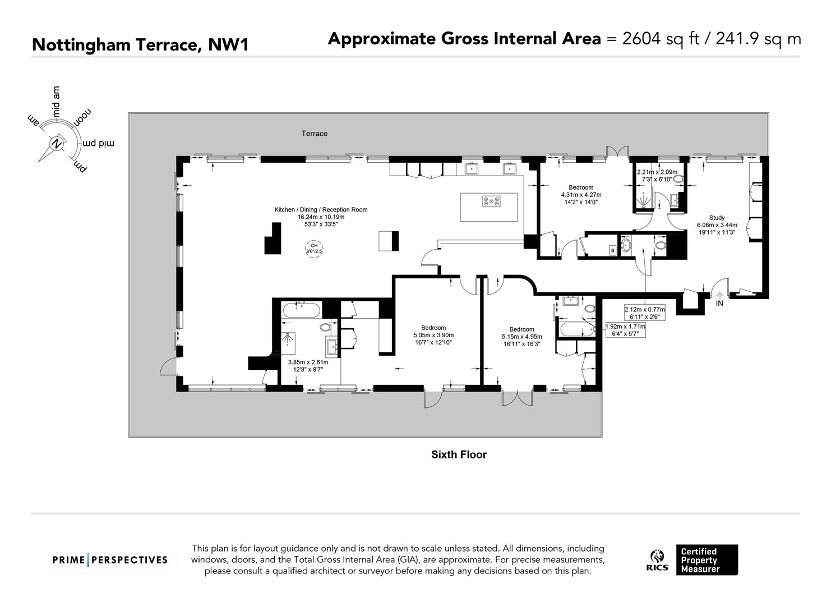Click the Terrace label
click(314, 134)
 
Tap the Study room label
click(717, 218)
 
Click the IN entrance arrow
click(720, 296)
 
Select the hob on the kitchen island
click(491, 201)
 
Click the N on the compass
click(57, 144)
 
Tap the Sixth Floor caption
click(459, 455)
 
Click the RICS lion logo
click(658, 557)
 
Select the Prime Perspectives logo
click(110, 560)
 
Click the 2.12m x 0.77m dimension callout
click(645, 313)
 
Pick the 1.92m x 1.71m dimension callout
click(625, 330)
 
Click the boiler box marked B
click(612, 251)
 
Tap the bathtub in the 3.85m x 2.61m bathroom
click(301, 310)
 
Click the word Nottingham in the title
click(81, 45)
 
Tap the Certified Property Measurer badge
click(707, 560)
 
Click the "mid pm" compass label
click(98, 143)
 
